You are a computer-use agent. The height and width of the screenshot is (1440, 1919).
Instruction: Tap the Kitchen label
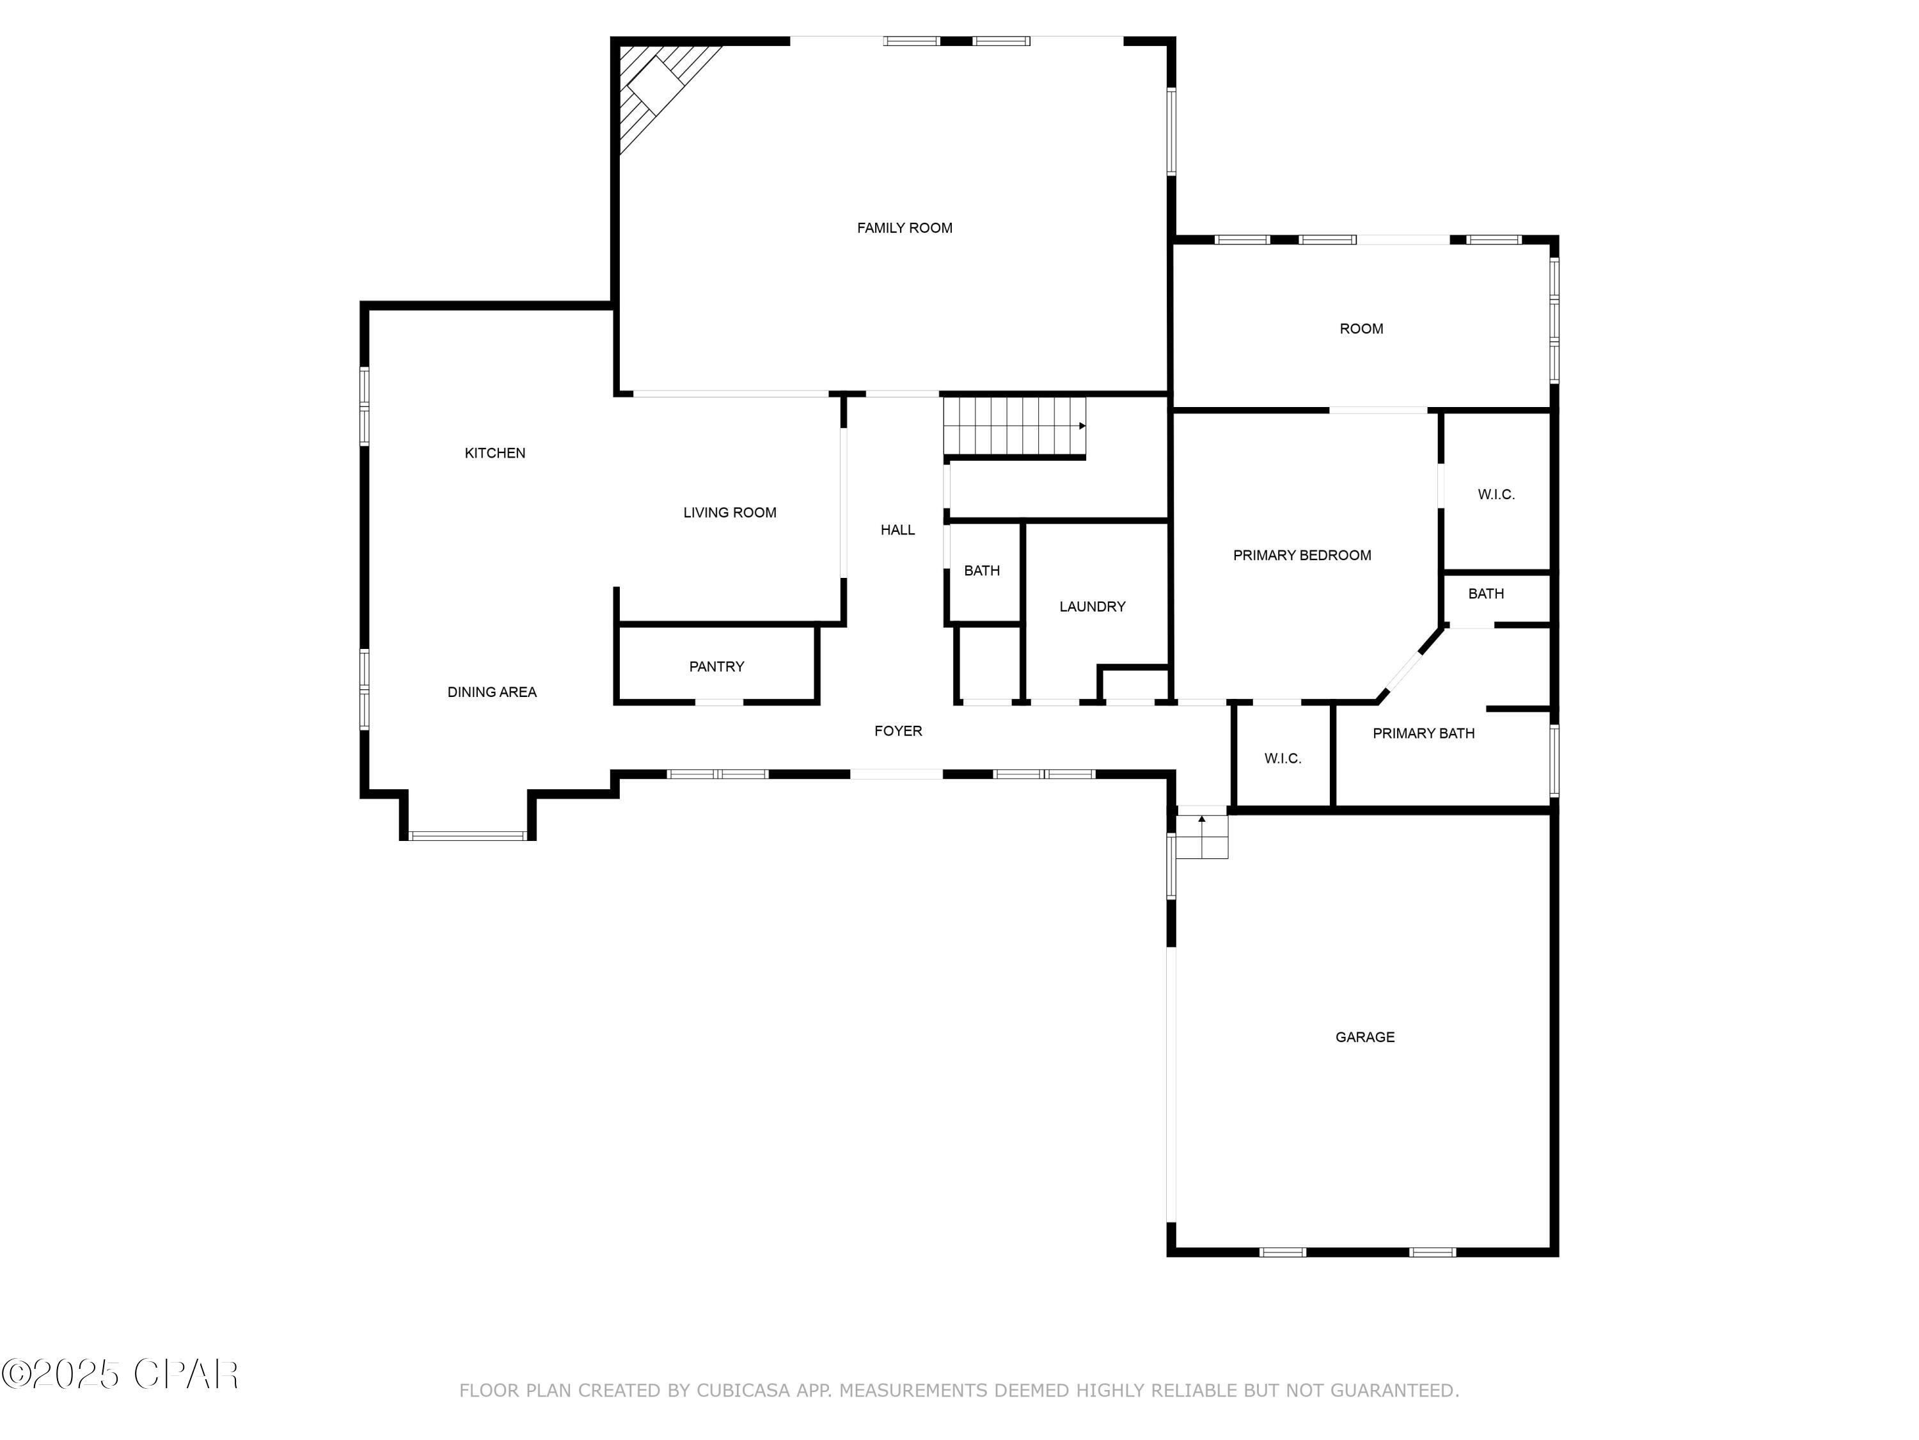[494, 453]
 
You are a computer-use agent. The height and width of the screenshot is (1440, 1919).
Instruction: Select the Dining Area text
[492, 692]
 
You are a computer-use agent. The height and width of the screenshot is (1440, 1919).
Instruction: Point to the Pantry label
[716, 667]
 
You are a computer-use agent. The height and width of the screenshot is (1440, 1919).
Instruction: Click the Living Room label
[730, 513]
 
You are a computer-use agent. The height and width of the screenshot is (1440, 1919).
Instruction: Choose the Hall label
[898, 531]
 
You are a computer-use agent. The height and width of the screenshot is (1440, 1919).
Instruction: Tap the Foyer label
[898, 731]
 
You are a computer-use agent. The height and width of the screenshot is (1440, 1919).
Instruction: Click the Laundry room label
[1093, 607]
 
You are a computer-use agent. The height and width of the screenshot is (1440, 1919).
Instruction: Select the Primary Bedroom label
[1302, 556]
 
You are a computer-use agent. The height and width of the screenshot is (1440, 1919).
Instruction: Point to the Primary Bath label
[1424, 733]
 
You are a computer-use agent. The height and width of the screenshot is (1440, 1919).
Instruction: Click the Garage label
[1364, 1037]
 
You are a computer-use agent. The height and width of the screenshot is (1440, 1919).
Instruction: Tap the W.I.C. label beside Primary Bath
[1283, 758]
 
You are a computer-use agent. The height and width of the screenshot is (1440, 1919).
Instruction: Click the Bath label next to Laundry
[982, 571]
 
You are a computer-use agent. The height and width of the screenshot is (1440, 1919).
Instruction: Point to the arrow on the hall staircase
[1082, 426]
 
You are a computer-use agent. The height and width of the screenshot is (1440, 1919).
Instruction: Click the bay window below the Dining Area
[468, 836]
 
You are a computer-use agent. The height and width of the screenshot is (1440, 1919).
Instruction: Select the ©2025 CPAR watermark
[120, 1374]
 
